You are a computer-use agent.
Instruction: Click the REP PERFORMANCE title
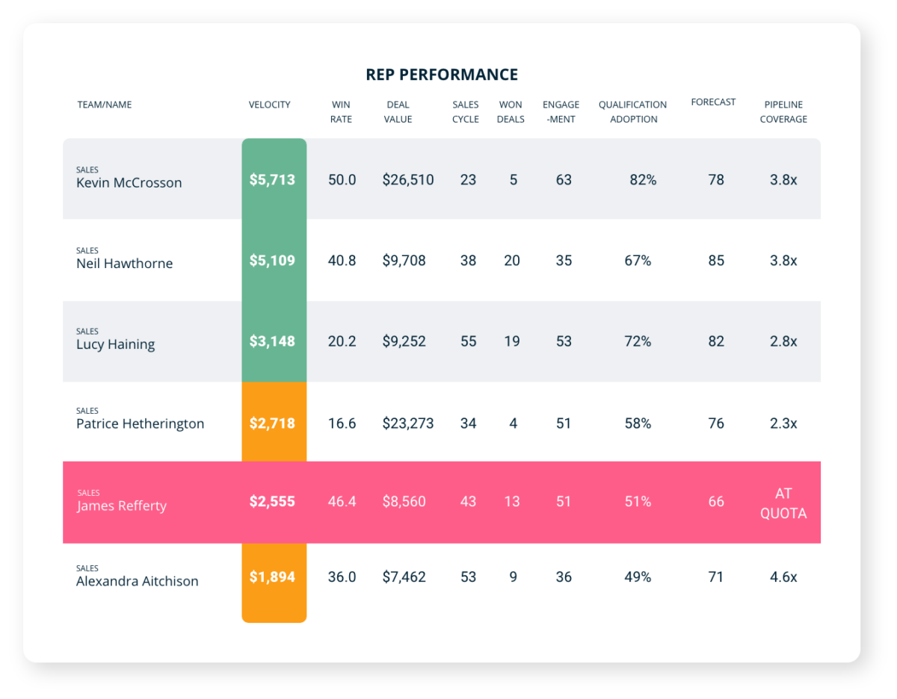tap(441, 75)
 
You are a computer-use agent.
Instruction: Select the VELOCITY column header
tap(269, 105)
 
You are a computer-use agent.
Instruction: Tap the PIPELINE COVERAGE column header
tap(783, 112)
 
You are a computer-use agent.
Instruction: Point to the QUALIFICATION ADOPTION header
tap(632, 112)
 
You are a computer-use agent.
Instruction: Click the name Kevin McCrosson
tap(129, 183)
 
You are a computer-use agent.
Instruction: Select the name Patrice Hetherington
tap(140, 423)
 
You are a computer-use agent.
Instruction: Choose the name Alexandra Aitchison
tap(138, 581)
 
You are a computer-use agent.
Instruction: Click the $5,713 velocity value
tap(272, 180)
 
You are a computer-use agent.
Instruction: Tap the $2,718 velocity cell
tap(272, 423)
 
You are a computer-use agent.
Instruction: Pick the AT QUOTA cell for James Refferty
tap(783, 503)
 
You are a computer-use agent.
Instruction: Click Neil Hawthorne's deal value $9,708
tap(404, 261)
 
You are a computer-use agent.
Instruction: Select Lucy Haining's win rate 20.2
tap(342, 341)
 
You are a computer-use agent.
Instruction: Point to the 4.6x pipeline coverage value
tap(783, 577)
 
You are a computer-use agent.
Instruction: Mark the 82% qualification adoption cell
tap(642, 180)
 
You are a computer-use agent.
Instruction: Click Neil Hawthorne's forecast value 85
tap(715, 261)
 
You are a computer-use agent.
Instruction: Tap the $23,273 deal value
tap(407, 423)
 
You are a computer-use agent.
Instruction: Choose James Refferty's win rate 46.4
tap(342, 502)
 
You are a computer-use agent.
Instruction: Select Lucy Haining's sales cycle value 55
tap(468, 341)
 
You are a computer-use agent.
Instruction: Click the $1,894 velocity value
tap(272, 577)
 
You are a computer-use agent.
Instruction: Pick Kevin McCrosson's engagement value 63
tap(563, 180)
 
